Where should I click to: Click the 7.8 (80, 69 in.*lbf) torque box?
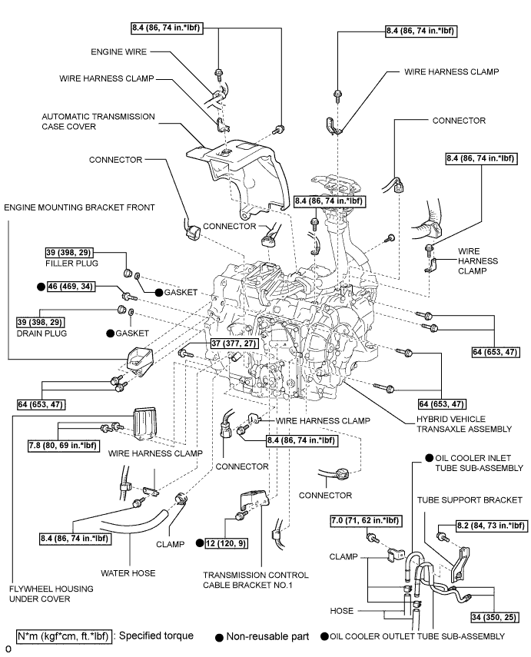[55, 443]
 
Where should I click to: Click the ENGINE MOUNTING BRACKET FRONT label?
[79, 207]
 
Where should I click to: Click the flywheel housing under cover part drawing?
[145, 421]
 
